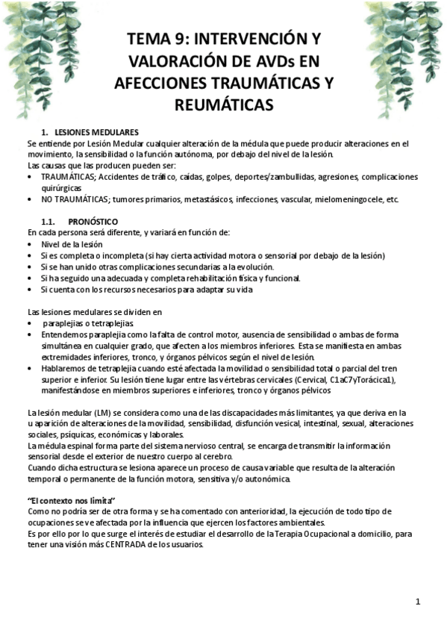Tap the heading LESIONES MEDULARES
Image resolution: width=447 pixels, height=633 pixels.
[101, 132]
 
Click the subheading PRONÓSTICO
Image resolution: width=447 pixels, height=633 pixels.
[92, 222]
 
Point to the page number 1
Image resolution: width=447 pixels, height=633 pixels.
[419, 601]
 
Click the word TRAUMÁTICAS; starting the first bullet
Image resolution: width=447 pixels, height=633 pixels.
[68, 177]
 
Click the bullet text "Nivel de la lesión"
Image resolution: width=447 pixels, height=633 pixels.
[72, 244]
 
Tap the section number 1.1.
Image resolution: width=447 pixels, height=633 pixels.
[49, 222]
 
